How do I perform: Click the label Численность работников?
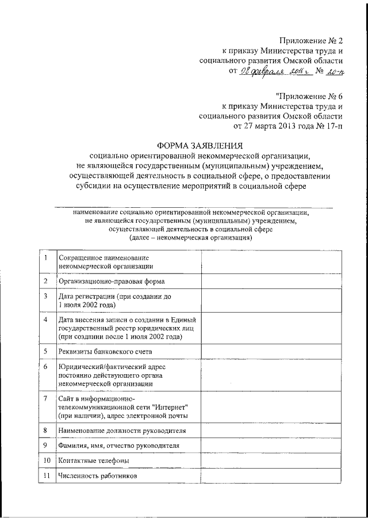[98, 476]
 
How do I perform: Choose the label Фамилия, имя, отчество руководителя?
[122, 446]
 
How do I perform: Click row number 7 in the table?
[45, 398]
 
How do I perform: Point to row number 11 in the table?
[45, 476]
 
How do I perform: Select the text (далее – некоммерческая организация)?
[191, 238]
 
